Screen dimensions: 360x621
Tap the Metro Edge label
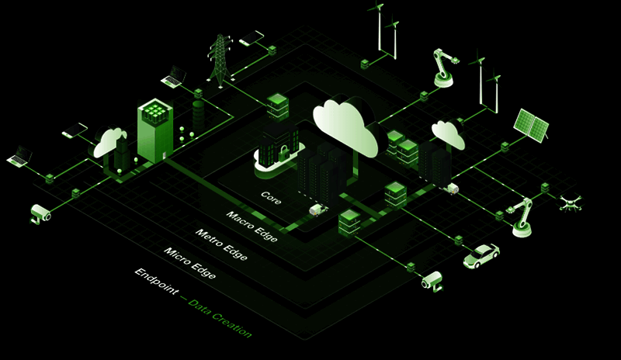221,244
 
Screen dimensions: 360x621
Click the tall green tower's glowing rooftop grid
155,114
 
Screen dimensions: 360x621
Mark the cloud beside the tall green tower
111,143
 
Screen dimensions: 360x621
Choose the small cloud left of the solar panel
448,134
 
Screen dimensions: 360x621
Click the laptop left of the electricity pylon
172,76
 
